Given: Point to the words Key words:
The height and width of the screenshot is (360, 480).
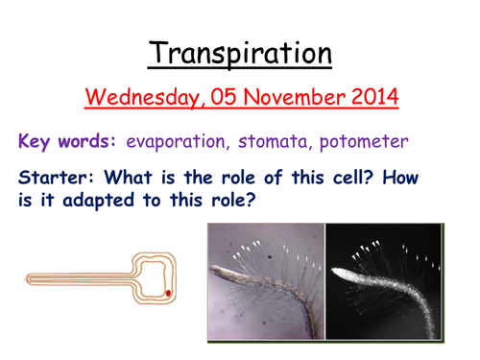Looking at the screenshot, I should click(66, 141).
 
